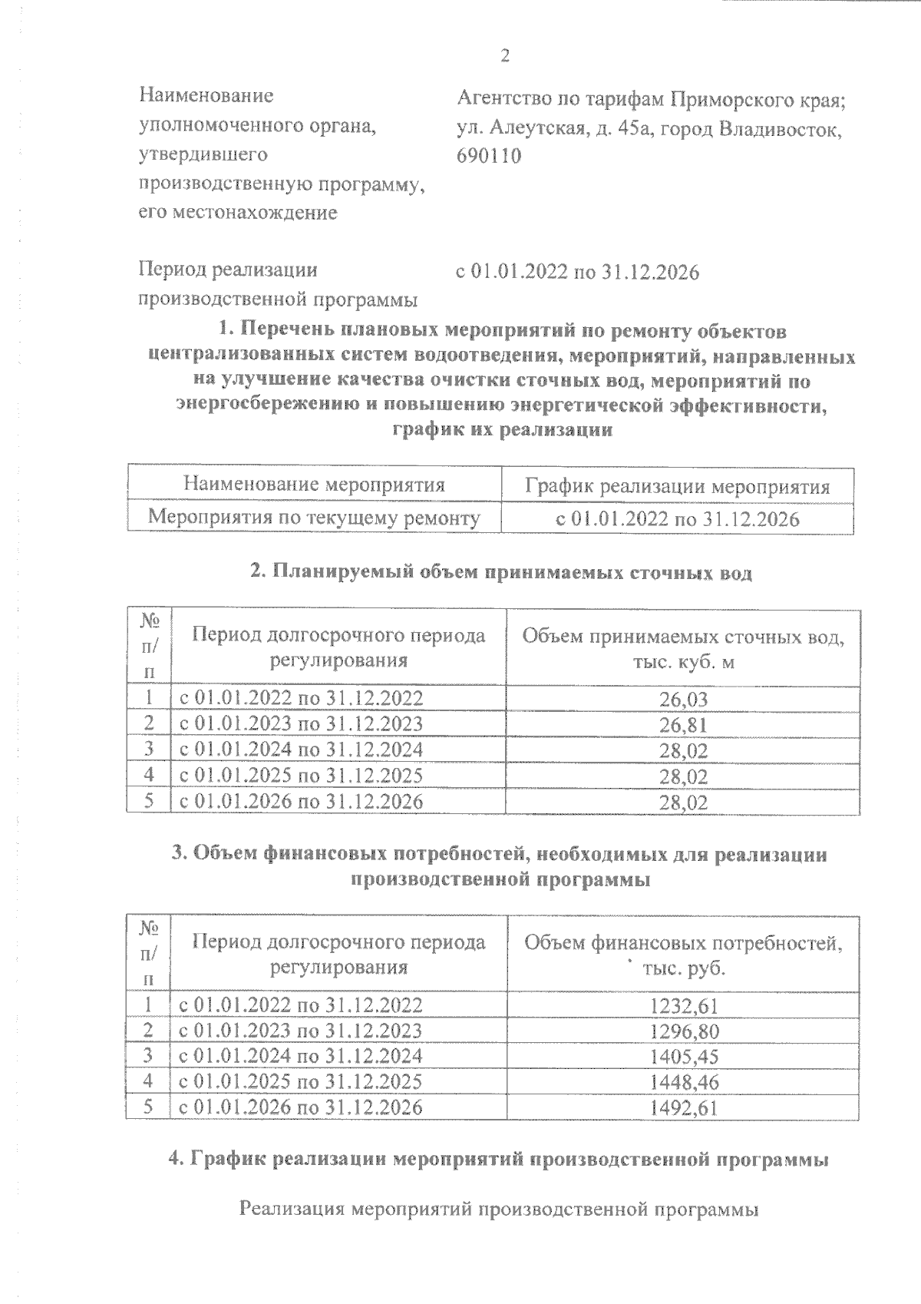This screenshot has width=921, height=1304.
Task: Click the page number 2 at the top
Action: click(x=504, y=55)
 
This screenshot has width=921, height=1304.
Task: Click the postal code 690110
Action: click(x=489, y=156)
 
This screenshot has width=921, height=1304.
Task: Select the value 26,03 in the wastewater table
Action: click(x=682, y=699)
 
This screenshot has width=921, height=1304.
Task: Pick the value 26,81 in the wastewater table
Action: click(x=682, y=725)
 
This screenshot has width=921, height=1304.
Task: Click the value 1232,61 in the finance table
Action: click(x=683, y=1005)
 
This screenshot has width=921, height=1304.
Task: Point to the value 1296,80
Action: click(x=683, y=1031)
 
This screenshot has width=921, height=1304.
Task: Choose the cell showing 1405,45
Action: click(x=683, y=1057)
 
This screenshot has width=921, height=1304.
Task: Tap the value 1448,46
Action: click(x=683, y=1083)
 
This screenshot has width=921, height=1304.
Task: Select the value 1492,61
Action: click(x=683, y=1108)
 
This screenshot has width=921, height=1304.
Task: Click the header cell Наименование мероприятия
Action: click(x=314, y=485)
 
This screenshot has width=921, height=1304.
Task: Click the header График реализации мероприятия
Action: click(x=677, y=487)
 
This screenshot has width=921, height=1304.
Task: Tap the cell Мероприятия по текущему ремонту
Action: click(x=314, y=518)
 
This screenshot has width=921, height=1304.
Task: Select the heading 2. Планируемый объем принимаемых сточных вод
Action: click(x=502, y=572)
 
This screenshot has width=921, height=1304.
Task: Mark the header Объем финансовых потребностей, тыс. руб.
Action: click(x=682, y=954)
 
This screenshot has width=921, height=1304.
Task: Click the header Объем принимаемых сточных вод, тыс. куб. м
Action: click(x=682, y=648)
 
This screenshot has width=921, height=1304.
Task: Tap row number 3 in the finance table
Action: click(x=148, y=1056)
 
